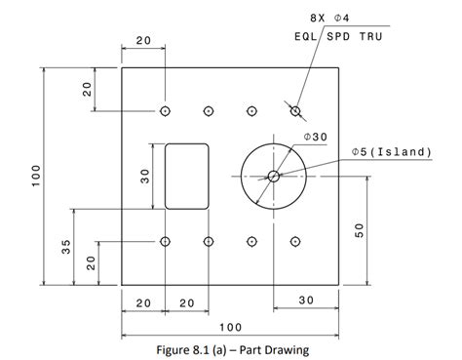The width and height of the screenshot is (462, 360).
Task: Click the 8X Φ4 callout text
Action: [x=331, y=18]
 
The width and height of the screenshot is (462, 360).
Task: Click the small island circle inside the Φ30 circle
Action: [x=273, y=176]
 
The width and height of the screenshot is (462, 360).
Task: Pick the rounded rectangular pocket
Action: [x=186, y=176]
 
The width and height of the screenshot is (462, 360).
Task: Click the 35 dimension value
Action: [x=66, y=247]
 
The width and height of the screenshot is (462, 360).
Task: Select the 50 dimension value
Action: [x=359, y=230]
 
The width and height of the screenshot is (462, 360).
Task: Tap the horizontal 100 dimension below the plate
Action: [x=230, y=326]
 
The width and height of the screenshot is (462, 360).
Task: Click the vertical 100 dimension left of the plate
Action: [x=36, y=176]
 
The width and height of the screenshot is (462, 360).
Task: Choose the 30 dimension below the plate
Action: [x=305, y=301]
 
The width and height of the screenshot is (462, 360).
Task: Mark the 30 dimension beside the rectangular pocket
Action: [x=145, y=176]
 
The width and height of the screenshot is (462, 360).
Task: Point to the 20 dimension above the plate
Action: [x=143, y=41]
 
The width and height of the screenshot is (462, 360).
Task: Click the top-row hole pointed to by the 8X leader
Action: [x=295, y=110]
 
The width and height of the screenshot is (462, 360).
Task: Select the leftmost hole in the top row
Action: [x=165, y=110]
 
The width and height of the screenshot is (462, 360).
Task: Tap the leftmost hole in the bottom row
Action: [x=165, y=241]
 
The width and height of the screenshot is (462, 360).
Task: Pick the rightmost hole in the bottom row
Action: [x=295, y=241]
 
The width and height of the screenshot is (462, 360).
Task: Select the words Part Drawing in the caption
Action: [x=275, y=345]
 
